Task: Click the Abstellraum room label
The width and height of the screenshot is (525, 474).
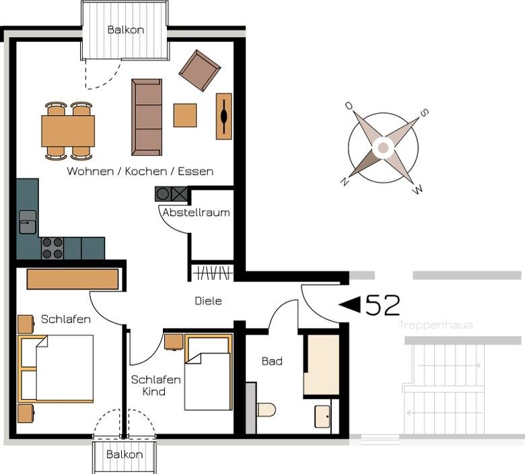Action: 197,212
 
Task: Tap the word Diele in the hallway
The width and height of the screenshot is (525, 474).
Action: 208,301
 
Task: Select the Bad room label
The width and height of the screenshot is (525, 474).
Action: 272,361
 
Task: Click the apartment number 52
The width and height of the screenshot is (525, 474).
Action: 383,305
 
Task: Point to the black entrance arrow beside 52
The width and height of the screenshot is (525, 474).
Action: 350,304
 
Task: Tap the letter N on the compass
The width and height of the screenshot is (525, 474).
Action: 344,181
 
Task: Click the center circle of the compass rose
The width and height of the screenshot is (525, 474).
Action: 384,147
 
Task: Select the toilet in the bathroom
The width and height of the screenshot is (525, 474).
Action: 266,409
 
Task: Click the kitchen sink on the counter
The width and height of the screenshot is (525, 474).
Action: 28,222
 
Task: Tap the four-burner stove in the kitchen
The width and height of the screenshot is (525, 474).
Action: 53,248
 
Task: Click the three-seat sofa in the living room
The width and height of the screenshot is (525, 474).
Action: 147,117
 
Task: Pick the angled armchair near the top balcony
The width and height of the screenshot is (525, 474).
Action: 199,71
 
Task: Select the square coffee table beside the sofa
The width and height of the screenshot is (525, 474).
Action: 185,115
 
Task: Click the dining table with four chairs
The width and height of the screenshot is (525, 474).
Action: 68,131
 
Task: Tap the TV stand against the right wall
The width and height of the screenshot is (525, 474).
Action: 224,116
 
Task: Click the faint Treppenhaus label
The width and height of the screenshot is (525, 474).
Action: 436,325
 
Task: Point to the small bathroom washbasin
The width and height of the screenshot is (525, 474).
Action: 322,417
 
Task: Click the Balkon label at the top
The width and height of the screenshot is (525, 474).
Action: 126,30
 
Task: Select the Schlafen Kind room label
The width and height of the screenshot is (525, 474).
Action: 155,386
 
